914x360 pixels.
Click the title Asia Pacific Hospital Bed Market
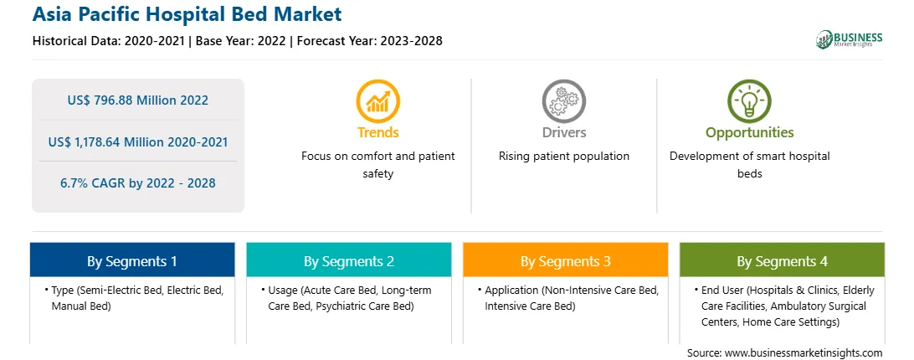click(x=187, y=14)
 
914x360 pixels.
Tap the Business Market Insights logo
click(x=850, y=39)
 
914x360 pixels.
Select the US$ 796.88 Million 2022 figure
click(x=137, y=100)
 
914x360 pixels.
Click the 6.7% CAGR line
click(x=137, y=183)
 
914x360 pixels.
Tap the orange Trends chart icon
click(x=377, y=101)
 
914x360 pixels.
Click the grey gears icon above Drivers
click(x=563, y=101)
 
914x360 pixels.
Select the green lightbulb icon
click(x=749, y=101)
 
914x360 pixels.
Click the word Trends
click(x=378, y=132)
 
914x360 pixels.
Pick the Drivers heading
click(x=563, y=132)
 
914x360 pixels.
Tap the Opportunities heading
click(x=750, y=133)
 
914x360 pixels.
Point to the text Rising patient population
click(x=563, y=157)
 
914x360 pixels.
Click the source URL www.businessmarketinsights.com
click(x=804, y=353)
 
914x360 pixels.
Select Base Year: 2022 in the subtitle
click(x=241, y=41)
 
